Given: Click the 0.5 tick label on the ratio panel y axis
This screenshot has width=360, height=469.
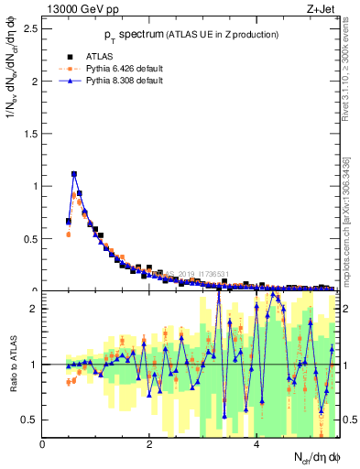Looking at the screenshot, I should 29,420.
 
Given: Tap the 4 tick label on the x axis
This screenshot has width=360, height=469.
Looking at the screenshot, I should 256,444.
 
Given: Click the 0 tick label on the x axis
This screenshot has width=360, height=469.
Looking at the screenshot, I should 43,444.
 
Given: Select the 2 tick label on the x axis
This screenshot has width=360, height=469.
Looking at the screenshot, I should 149,444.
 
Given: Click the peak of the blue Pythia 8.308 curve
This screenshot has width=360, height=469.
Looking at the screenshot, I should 74,173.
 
